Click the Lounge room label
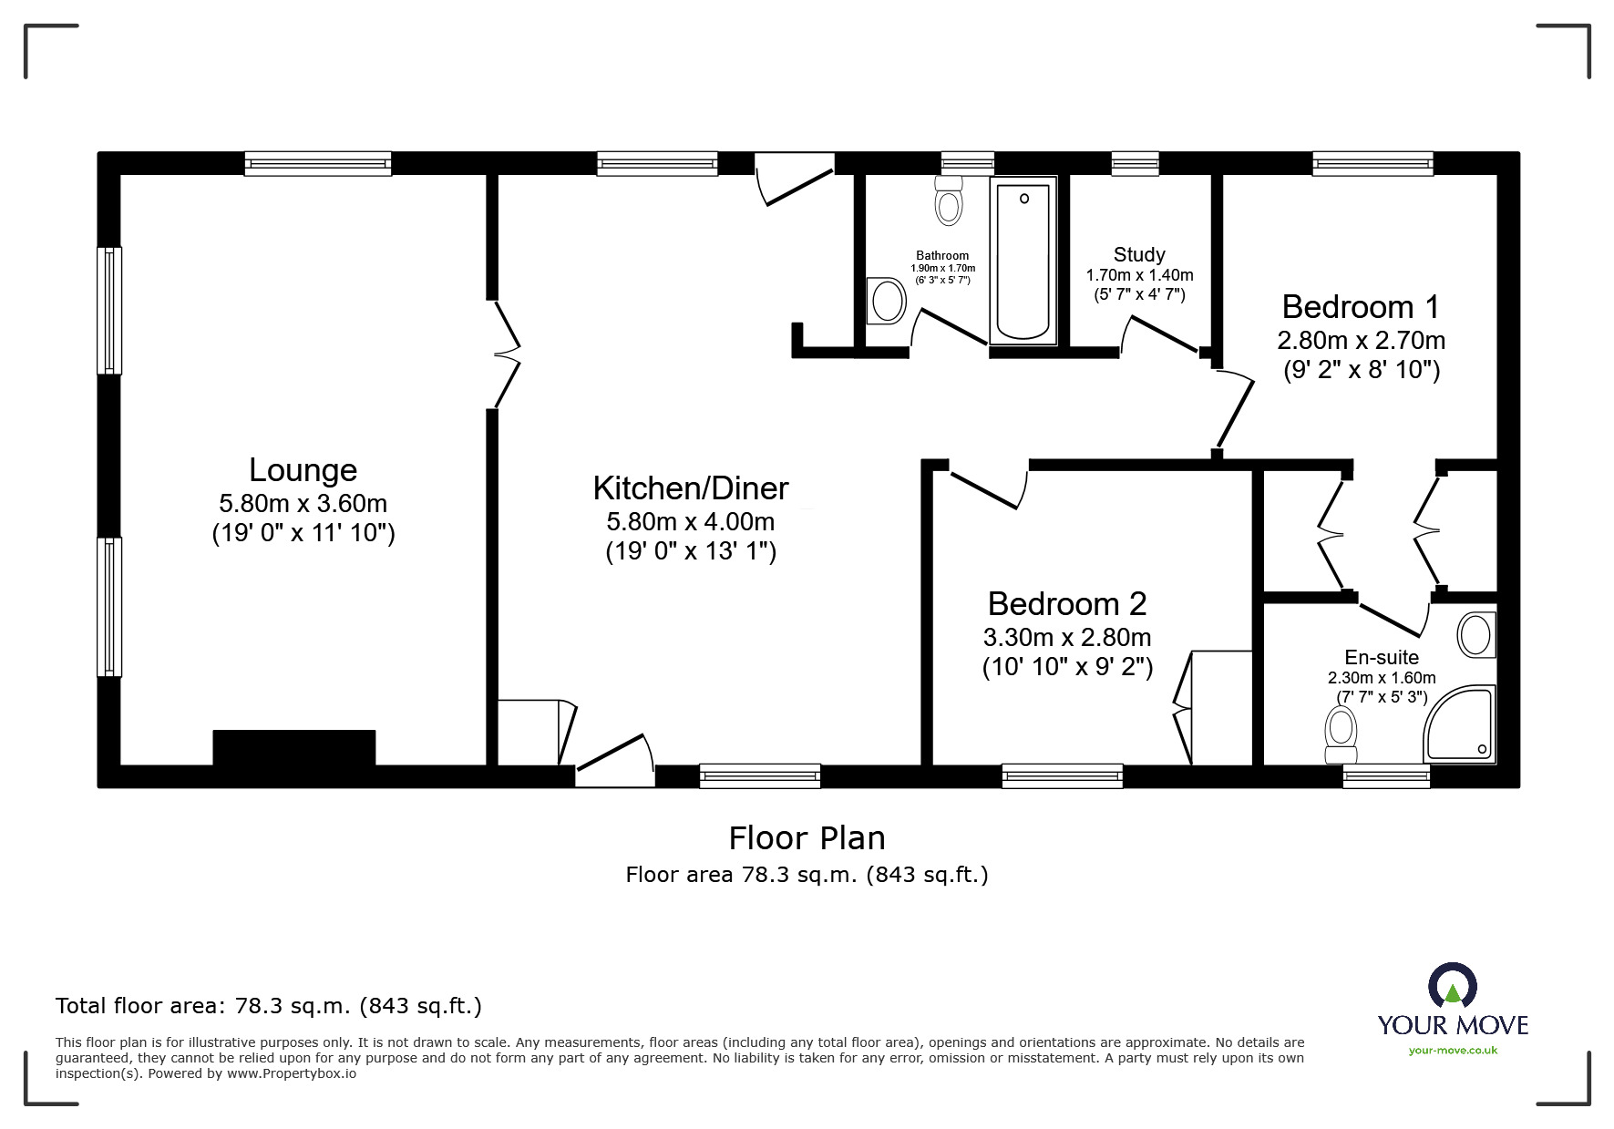(303, 470)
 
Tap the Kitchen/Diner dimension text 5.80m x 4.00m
(690, 522)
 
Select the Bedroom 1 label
(1360, 306)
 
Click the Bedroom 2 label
(1066, 604)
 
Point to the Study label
(1138, 255)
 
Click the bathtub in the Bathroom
(1023, 260)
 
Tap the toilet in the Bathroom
(949, 201)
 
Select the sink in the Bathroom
(884, 300)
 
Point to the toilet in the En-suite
(1341, 734)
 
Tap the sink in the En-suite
(1477, 634)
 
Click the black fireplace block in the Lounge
(293, 748)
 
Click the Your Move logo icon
(1452, 987)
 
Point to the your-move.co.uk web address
(1453, 1051)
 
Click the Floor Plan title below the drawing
(807, 838)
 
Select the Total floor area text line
(269, 1006)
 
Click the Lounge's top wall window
(317, 164)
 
